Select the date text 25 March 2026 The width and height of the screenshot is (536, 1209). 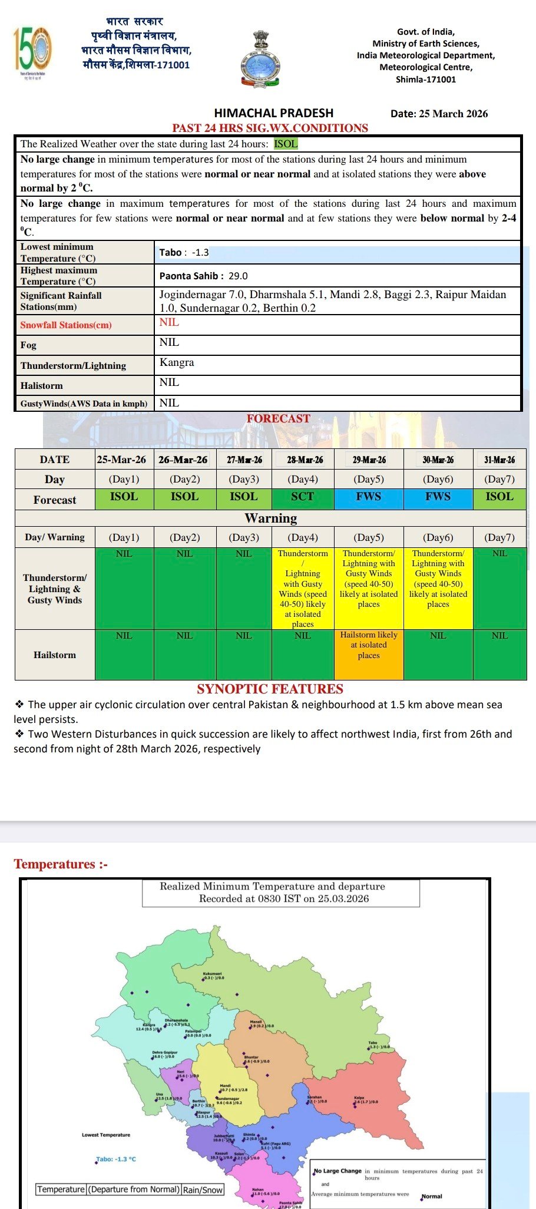[x=453, y=114]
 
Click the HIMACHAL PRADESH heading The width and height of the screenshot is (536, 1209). [x=273, y=113]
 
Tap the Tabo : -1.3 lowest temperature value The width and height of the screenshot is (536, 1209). [x=184, y=252]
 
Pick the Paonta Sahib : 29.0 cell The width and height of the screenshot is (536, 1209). [x=203, y=276]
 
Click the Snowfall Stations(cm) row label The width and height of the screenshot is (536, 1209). [x=66, y=325]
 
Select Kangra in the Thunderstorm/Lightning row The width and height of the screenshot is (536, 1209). [x=177, y=362]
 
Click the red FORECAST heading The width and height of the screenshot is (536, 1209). [x=278, y=419]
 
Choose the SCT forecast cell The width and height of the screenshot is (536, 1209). [x=303, y=497]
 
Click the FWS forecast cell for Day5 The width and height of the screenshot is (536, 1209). [x=369, y=497]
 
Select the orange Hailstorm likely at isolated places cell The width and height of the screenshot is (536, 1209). [x=369, y=646]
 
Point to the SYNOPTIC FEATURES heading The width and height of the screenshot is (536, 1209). [x=270, y=689]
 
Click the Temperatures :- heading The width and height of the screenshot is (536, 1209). [x=61, y=864]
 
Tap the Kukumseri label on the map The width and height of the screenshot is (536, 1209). [x=212, y=974]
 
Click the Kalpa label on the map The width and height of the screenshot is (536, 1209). [x=359, y=1098]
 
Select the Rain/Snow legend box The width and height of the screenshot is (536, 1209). [x=203, y=1190]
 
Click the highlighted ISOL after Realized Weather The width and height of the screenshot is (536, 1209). [x=286, y=144]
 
